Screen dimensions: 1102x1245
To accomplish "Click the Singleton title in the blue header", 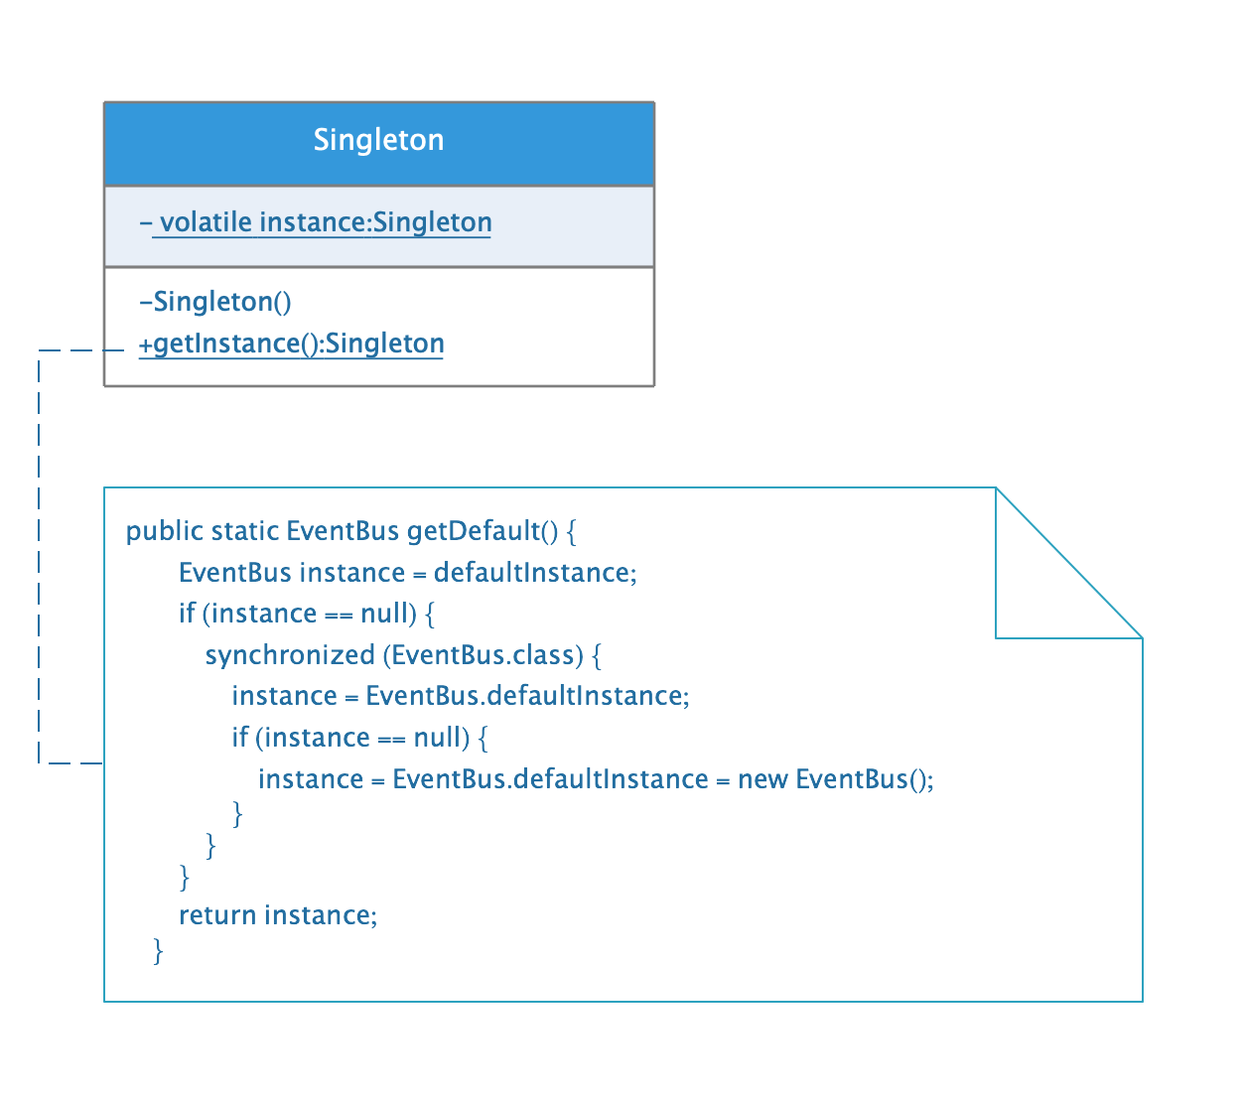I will pyautogui.click(x=378, y=140).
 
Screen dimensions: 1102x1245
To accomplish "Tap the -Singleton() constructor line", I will pyautogui.click(x=215, y=302).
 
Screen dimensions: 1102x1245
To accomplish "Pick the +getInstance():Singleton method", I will pyautogui.click(x=291, y=344).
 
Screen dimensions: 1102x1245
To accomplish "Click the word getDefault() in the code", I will pyautogui.click(x=482, y=531).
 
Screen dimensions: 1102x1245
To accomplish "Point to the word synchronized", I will pyautogui.click(x=289, y=655).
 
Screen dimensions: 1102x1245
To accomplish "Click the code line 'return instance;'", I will pyautogui.click(x=277, y=915).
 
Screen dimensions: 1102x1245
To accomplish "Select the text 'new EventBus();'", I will pyautogui.click(x=835, y=779).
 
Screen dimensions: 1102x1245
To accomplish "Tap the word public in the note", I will pyautogui.click(x=164, y=531).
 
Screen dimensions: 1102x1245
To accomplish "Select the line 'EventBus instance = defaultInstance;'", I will pyautogui.click(x=407, y=573).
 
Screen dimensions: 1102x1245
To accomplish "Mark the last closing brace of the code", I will pyautogui.click(x=158, y=951).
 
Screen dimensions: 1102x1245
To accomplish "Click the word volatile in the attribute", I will pyautogui.click(x=206, y=222).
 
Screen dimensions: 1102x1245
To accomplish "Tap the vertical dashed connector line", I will pyautogui.click(x=39, y=556).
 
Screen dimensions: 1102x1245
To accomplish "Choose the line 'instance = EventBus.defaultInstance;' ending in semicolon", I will pyautogui.click(x=460, y=696).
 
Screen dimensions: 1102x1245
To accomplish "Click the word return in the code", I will pyautogui.click(x=216, y=915).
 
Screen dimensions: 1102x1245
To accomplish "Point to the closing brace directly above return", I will pyautogui.click(x=184, y=877).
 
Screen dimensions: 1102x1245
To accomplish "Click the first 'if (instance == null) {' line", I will pyautogui.click(x=306, y=614).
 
